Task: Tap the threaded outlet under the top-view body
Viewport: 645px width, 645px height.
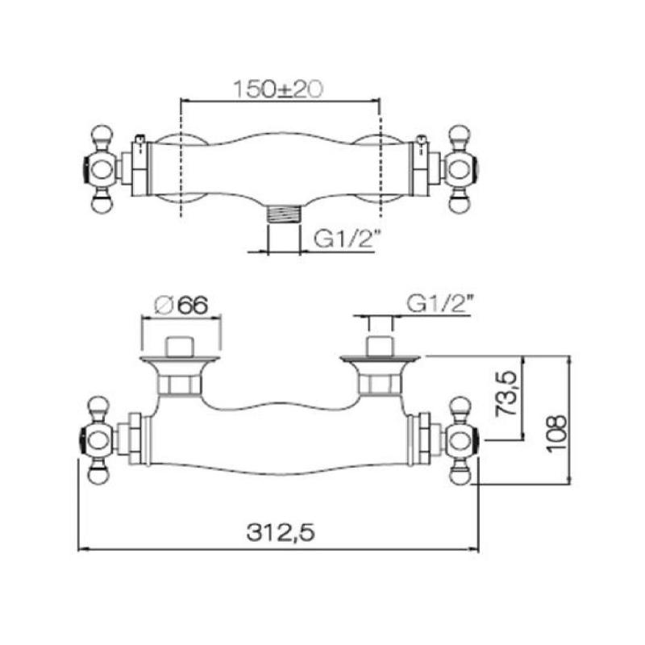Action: point(282,215)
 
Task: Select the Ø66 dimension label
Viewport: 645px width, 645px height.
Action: point(181,305)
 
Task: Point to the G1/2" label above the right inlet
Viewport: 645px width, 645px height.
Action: point(439,305)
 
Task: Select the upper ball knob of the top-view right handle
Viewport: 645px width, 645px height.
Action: point(460,134)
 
